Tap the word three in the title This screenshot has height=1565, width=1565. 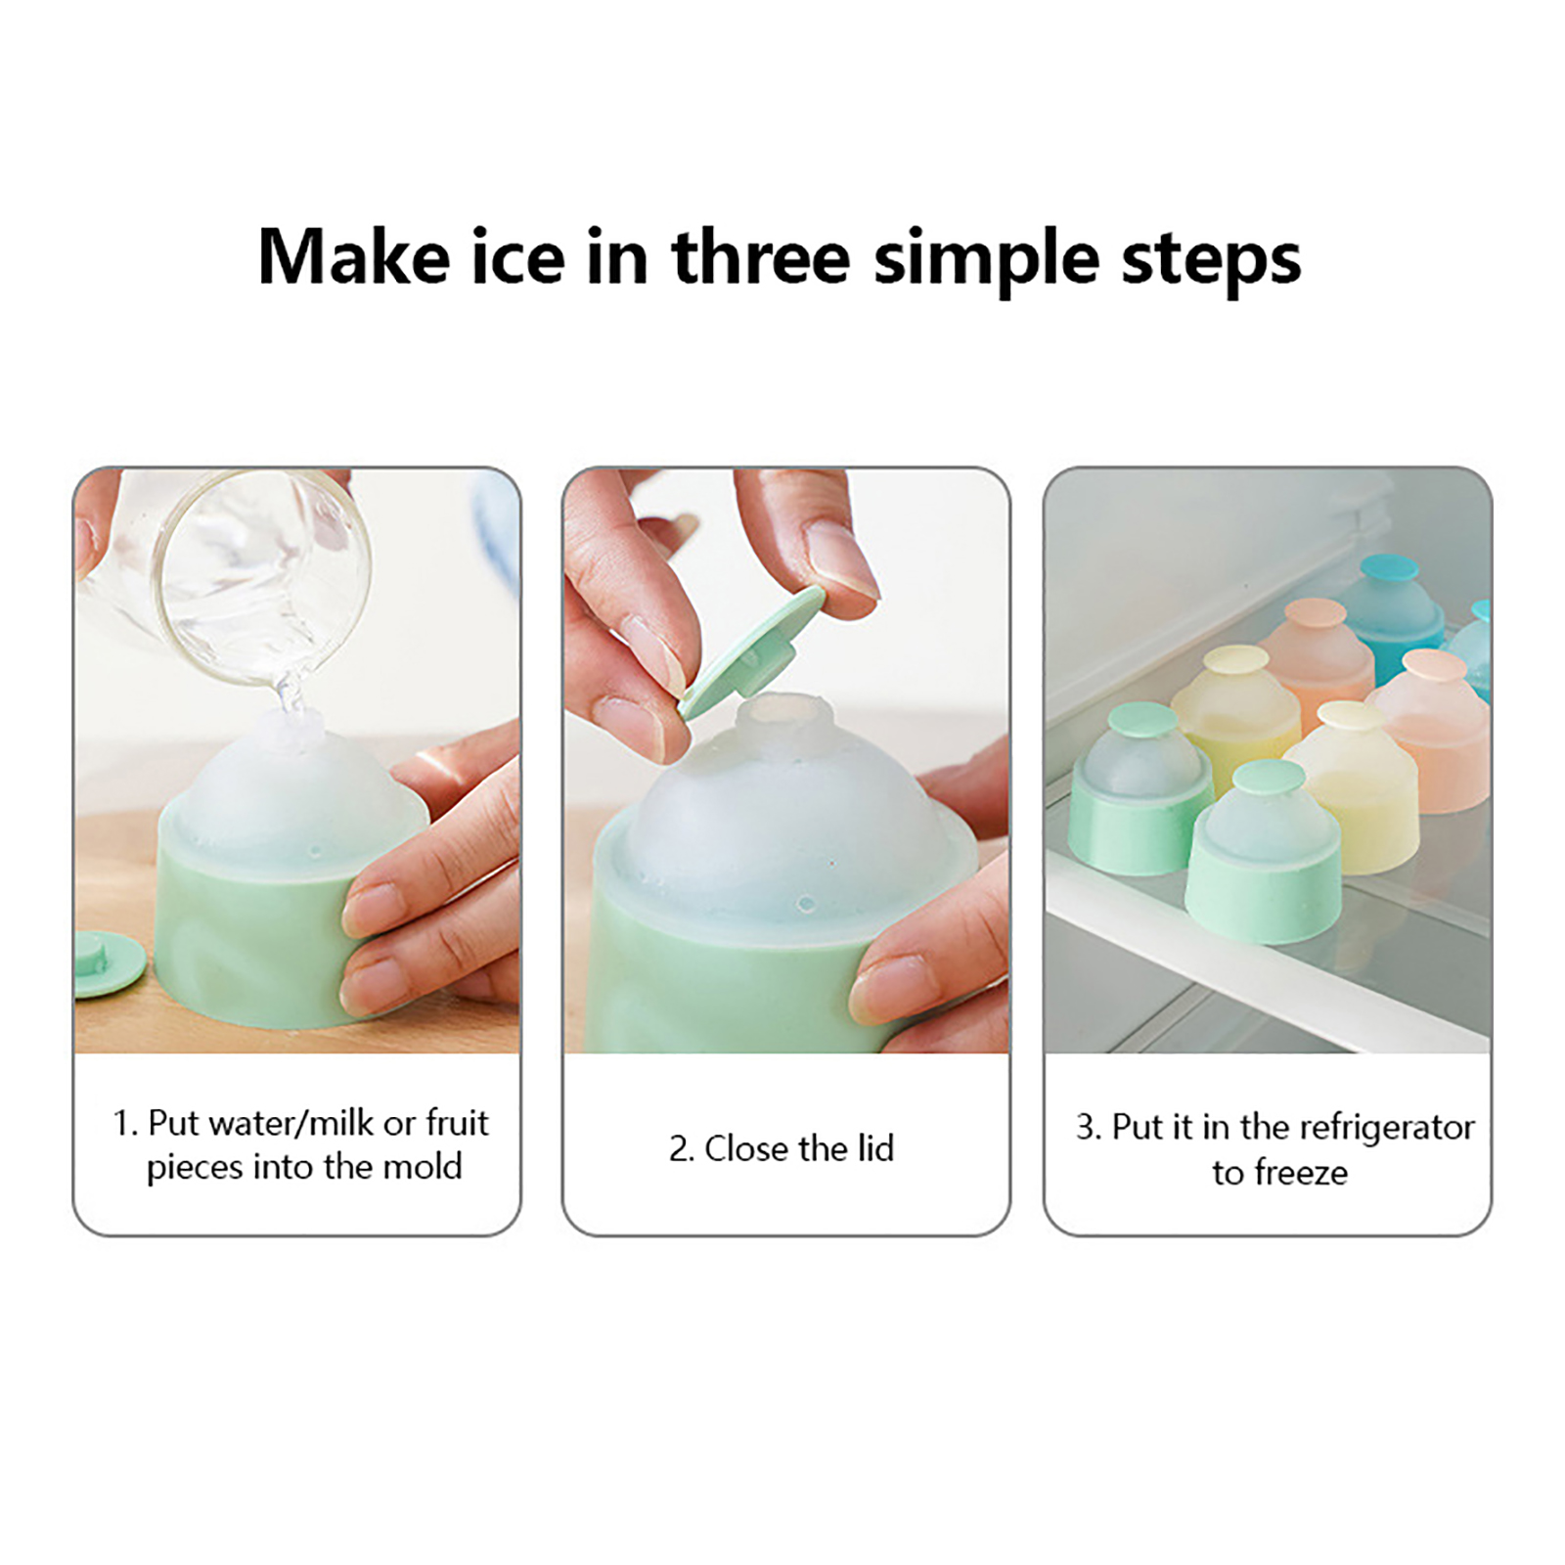760,257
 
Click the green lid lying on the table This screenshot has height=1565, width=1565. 108,962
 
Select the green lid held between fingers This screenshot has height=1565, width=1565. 753,650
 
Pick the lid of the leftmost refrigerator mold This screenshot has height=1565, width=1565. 1142,719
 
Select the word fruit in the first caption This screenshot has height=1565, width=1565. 457,1122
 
